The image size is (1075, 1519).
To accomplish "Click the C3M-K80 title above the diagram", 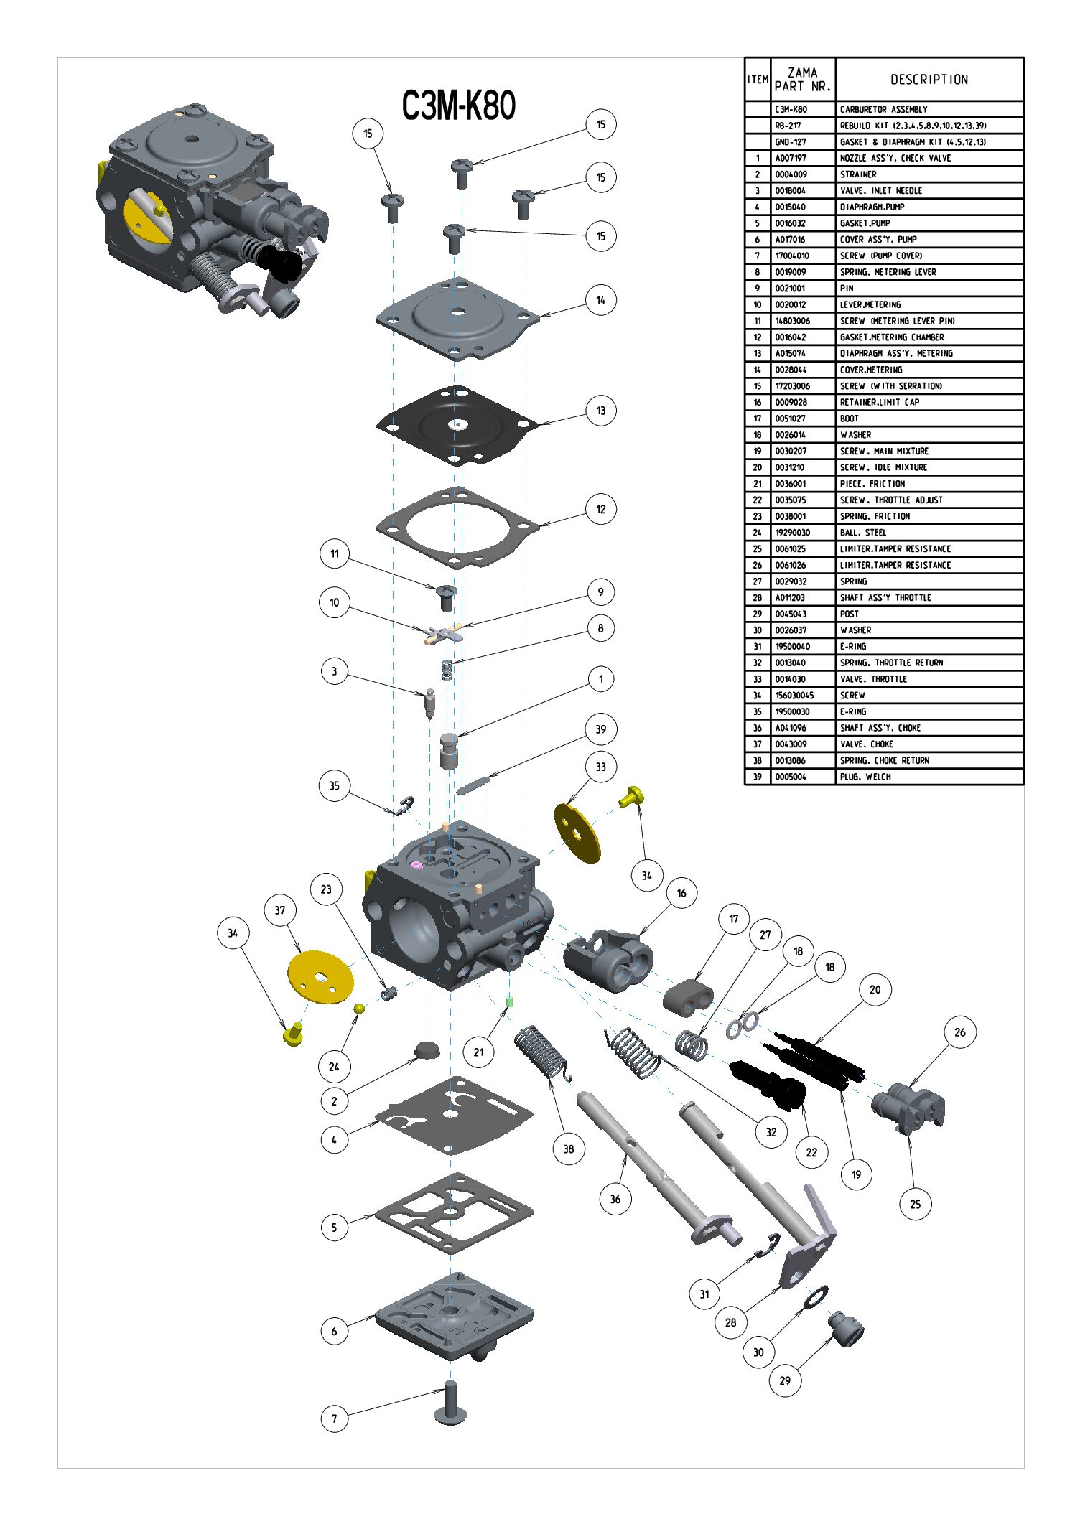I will click(458, 106).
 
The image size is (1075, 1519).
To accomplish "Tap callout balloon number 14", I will click(600, 300).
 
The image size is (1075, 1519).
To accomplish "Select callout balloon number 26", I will click(959, 1032).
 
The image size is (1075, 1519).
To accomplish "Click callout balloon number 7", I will click(334, 1418).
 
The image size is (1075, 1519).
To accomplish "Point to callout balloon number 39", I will click(600, 729).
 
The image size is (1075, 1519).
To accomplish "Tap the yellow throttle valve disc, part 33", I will click(577, 833).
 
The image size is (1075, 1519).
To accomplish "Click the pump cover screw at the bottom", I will click(450, 1403).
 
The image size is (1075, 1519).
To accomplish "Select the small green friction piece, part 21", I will click(509, 1002).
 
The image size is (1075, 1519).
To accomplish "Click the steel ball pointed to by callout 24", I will click(359, 1009).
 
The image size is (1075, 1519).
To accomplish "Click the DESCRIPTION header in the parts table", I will click(929, 80).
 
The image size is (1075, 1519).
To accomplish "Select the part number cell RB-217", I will click(788, 126).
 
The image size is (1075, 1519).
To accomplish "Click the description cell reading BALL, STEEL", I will click(863, 533).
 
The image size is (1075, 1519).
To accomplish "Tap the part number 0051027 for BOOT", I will click(791, 419).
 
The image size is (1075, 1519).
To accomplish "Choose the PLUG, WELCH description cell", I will click(865, 777).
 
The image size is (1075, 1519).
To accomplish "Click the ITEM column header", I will click(758, 80).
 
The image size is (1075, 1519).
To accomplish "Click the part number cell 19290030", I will click(792, 533).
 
